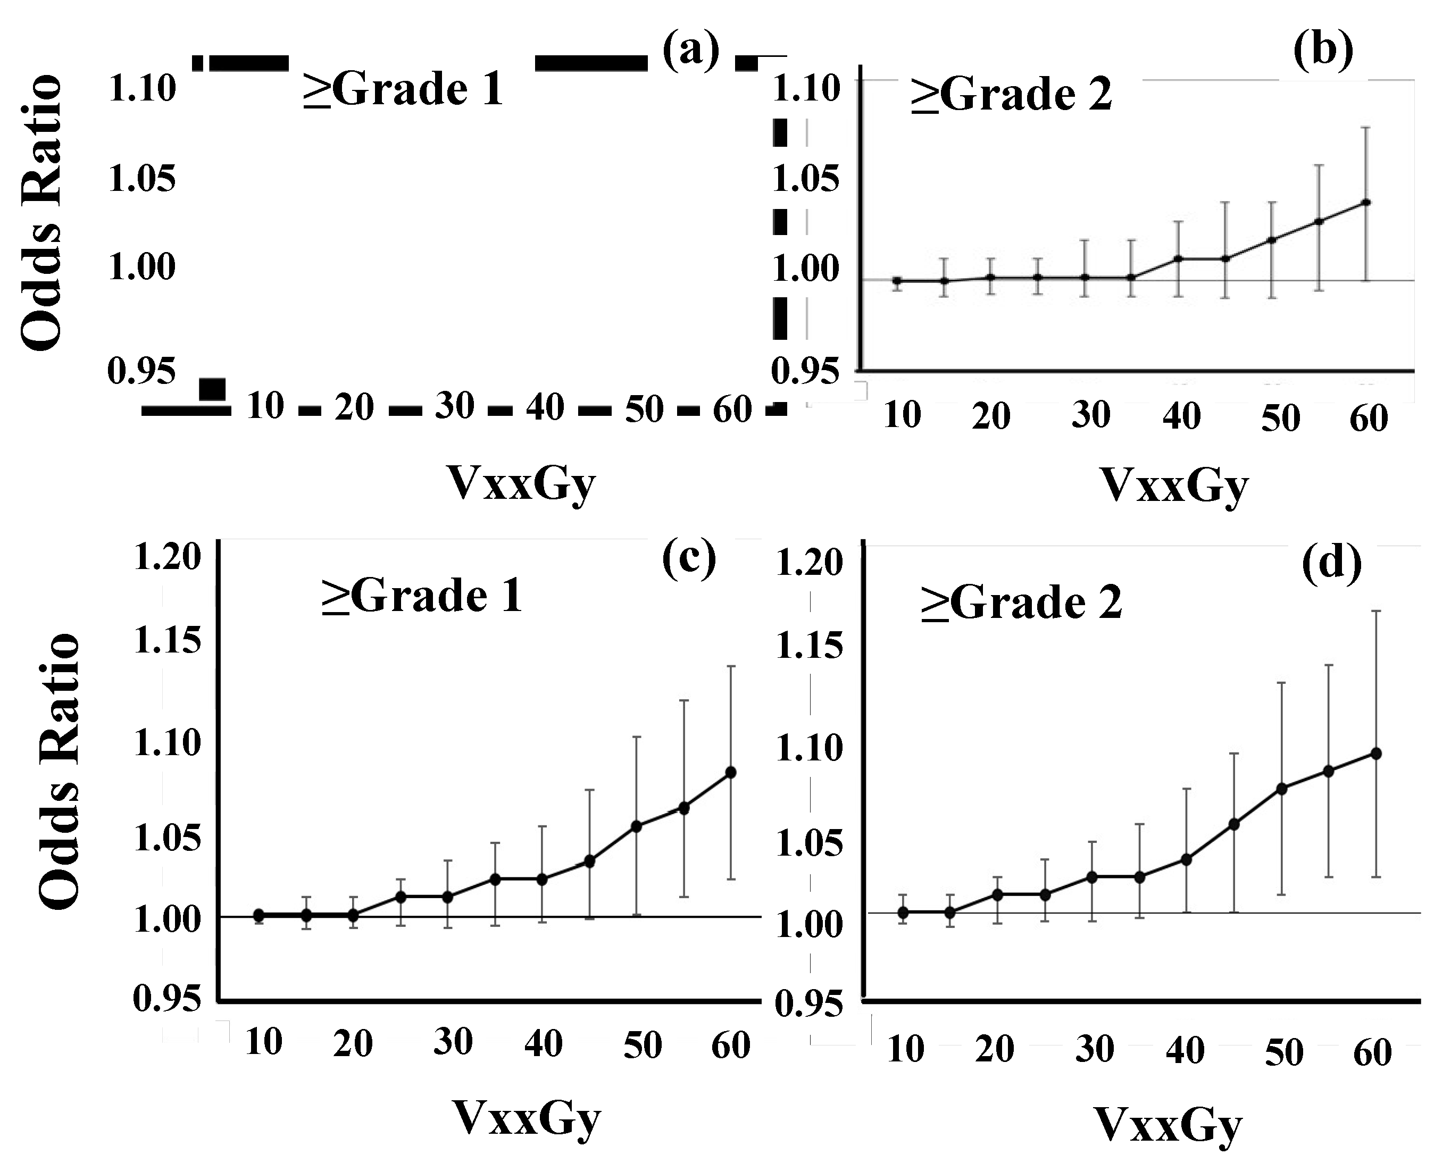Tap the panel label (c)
689,560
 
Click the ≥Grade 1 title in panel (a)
403,89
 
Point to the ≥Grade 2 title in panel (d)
1022,603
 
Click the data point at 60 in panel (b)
1366,202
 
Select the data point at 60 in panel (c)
730,772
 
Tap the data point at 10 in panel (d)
903,912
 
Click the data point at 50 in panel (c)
636,826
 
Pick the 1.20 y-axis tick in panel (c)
168,558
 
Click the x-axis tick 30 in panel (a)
454,406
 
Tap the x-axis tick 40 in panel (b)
1182,416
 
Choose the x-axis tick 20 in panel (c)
353,1044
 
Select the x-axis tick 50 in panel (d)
1283,1052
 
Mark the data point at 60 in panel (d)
1377,753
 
